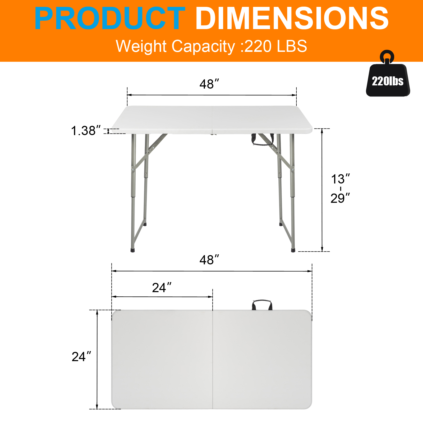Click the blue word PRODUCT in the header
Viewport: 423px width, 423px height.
click(x=109, y=19)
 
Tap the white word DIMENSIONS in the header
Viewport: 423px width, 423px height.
click(x=292, y=19)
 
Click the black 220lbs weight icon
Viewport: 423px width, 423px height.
click(x=388, y=81)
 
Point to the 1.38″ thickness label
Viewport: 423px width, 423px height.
click(x=86, y=131)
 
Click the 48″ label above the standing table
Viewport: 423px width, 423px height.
click(x=209, y=84)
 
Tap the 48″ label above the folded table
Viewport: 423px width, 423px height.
click(x=209, y=260)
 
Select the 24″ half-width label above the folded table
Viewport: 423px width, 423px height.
click(x=162, y=288)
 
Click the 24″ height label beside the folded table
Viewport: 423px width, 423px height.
click(x=81, y=357)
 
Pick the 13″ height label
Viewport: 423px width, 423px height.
click(x=340, y=179)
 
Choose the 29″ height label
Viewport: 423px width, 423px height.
click(x=340, y=198)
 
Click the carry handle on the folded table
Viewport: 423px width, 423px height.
click(x=262, y=304)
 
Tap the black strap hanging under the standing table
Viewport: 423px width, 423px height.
click(x=262, y=140)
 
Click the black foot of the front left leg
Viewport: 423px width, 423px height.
click(x=133, y=250)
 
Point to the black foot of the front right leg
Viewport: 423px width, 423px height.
click(x=293, y=250)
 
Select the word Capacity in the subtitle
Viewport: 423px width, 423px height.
click(x=203, y=46)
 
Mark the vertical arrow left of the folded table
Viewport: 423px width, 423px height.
click(x=97, y=360)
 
